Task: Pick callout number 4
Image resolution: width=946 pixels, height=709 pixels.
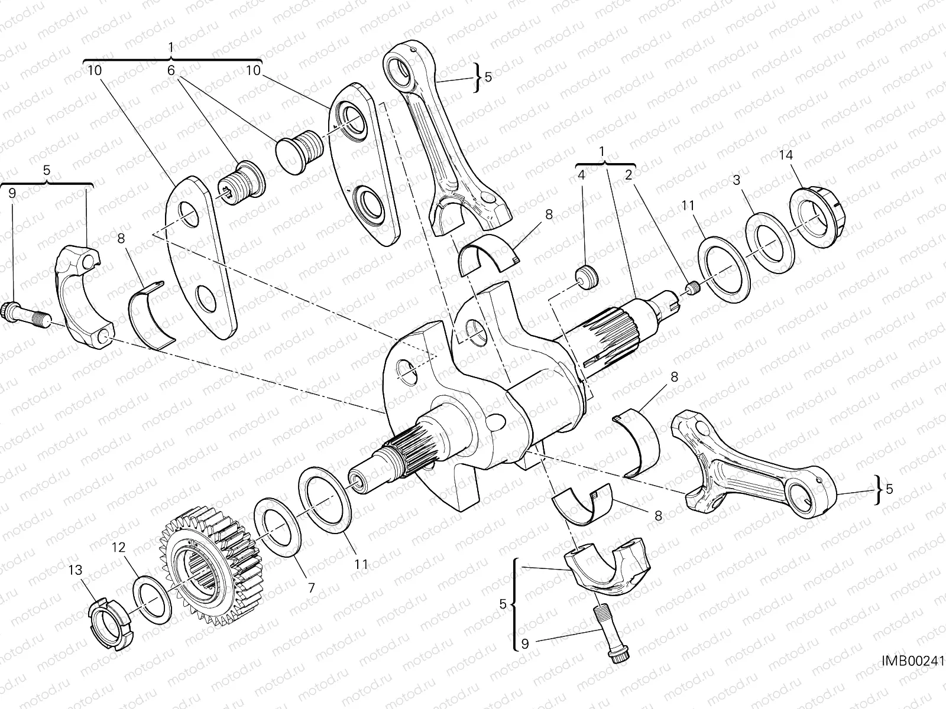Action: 581,175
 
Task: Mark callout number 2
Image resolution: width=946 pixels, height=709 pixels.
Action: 628,175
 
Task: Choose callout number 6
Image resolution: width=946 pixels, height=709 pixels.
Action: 171,70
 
